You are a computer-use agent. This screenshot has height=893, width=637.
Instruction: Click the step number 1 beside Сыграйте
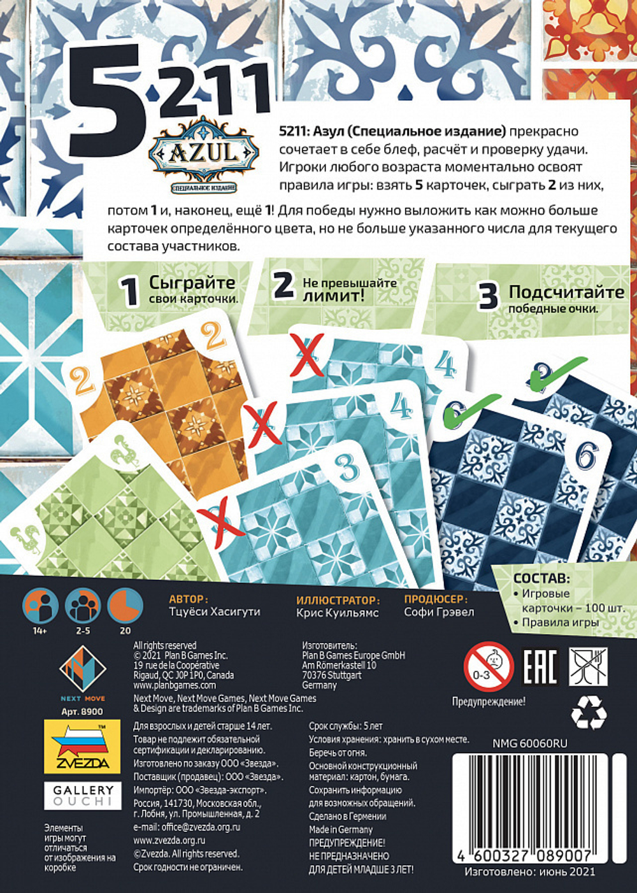(130, 292)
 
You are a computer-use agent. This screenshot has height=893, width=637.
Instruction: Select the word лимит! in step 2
(333, 296)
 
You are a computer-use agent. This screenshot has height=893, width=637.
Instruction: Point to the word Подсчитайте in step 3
(566, 292)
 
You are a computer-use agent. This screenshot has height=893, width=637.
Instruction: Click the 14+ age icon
(40, 606)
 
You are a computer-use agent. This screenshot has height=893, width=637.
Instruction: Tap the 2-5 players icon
(83, 606)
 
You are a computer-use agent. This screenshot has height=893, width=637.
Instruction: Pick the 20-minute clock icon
(125, 606)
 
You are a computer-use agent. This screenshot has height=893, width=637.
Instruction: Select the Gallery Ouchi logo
(83, 794)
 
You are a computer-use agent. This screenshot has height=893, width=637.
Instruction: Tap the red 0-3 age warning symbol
(488, 667)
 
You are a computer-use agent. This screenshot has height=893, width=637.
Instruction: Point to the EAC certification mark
(540, 667)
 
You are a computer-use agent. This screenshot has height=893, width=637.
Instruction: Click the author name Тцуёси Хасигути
(215, 612)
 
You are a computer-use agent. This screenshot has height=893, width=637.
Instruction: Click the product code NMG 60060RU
(530, 743)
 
